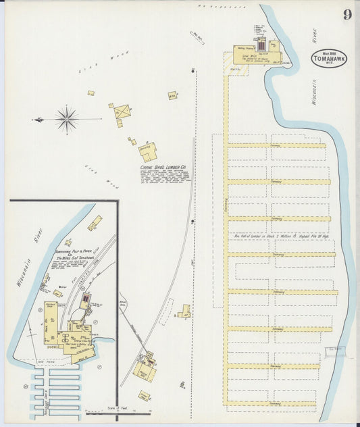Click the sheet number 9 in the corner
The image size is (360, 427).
coord(346,15)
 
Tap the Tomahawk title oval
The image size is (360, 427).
coord(329,59)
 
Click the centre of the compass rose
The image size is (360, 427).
coord(66,120)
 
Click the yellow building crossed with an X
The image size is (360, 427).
coord(122,111)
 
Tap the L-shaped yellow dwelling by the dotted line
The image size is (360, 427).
coord(184,311)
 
